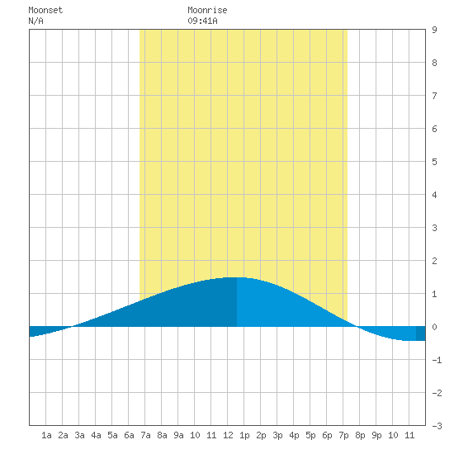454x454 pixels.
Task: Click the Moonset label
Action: pos(45,10)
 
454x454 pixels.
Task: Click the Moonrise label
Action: pos(207,10)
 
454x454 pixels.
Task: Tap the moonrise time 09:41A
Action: pos(202,21)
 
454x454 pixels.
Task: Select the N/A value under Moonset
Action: pos(35,21)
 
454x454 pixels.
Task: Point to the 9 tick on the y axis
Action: pos(434,30)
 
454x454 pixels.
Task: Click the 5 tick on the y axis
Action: pos(434,162)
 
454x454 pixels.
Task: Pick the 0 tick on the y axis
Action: pos(434,327)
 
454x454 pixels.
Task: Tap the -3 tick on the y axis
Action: pos(437,426)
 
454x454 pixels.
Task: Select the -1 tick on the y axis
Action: pos(437,360)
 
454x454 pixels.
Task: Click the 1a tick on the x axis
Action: pos(46,435)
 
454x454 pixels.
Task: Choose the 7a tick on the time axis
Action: pos(145,435)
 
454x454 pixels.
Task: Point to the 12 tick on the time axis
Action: pos(228,435)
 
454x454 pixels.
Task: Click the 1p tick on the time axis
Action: pos(244,435)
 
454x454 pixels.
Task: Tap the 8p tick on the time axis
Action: pos(360,435)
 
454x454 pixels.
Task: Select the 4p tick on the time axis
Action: pos(294,435)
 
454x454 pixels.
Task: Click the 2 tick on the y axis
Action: pos(434,261)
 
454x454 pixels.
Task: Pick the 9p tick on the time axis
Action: pos(376,435)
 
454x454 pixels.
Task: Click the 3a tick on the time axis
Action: pos(79,435)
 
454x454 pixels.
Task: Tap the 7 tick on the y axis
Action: pos(434,96)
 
